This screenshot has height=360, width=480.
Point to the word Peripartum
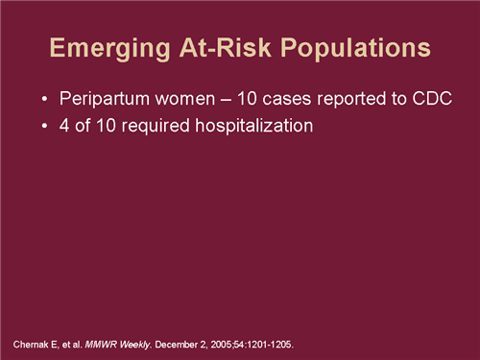(100, 100)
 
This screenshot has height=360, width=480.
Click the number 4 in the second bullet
(64, 125)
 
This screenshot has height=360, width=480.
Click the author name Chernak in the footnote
(32, 343)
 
